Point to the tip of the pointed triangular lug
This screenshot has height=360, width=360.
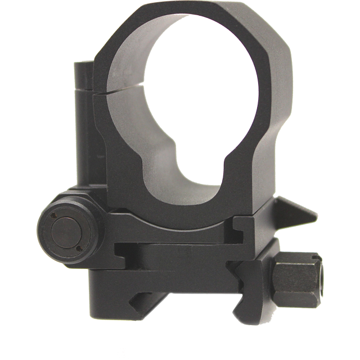(316, 215)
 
